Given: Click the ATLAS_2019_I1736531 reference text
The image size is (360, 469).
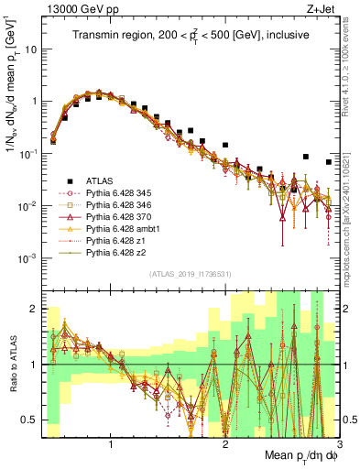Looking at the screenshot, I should click(190, 275).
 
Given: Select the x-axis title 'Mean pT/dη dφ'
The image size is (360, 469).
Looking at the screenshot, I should click(296, 455).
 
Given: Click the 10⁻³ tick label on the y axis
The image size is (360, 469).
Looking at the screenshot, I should click(30, 257).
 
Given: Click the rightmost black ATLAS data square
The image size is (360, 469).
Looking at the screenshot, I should click(329, 162).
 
